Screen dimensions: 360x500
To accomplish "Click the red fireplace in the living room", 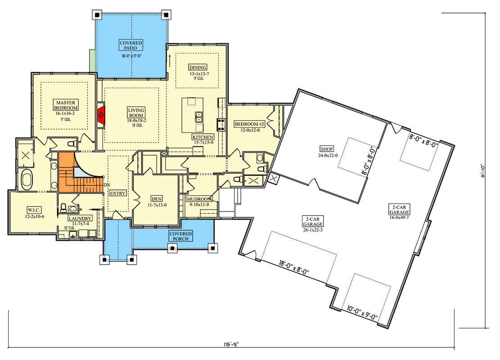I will [x=101, y=115].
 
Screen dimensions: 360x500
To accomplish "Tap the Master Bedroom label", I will [x=66, y=105].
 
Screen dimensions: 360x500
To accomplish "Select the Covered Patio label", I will [x=131, y=45].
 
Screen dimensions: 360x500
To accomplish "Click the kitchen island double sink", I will [x=198, y=117].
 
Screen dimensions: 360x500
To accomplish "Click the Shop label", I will [x=326, y=148].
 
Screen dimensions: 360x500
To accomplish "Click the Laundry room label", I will [x=80, y=218].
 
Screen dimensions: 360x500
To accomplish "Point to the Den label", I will [x=157, y=198].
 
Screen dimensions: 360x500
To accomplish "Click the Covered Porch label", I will [x=180, y=236].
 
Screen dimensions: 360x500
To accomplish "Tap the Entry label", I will [x=117, y=193].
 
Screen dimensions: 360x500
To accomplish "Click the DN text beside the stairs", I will [x=107, y=185].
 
